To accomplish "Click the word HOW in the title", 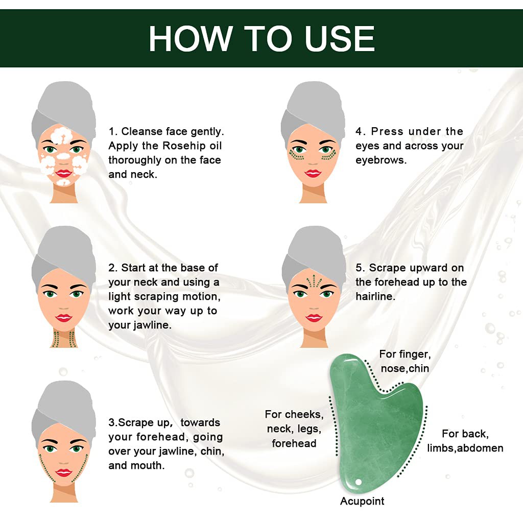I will tap(191, 38).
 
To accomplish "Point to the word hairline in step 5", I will tap(375, 296).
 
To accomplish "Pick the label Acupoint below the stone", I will tap(362, 501).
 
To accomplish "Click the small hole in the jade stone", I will tap(359, 482).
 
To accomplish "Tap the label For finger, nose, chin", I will tap(405, 361).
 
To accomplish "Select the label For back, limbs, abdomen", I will tap(465, 441).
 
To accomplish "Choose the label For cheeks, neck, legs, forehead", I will tap(294, 429).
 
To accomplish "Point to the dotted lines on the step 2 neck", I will tap(64, 338).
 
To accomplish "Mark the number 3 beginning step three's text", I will tap(111, 423).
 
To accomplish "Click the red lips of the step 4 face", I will tap(313, 174).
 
